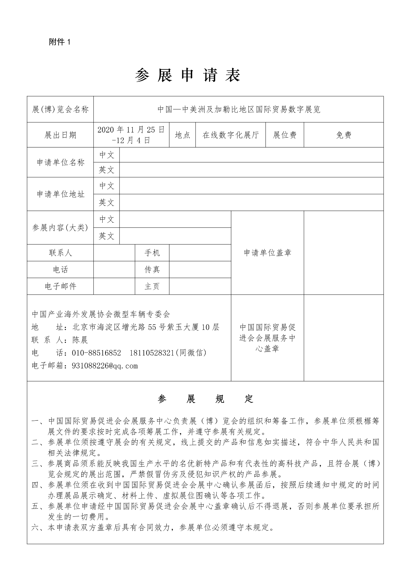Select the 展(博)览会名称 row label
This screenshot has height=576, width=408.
(60, 110)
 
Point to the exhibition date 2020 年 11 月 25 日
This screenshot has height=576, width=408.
(131, 130)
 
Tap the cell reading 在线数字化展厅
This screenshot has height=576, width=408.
(230, 135)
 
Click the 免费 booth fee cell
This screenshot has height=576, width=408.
(343, 135)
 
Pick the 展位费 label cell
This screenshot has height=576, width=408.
(285, 135)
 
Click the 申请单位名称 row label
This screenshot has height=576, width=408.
(60, 162)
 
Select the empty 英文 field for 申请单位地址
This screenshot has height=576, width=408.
(251, 203)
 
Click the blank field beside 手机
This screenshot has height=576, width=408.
(200, 253)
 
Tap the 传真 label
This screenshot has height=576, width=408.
(152, 270)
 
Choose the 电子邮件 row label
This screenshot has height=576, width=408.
(60, 286)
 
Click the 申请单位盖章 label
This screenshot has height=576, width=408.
(267, 253)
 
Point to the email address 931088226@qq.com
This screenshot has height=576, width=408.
(105, 366)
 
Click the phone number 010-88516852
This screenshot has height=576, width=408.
(97, 353)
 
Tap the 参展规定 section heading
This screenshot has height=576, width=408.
(205, 399)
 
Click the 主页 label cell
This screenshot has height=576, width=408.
(152, 286)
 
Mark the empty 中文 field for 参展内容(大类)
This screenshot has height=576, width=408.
(175, 219)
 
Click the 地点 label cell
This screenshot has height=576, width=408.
(182, 135)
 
